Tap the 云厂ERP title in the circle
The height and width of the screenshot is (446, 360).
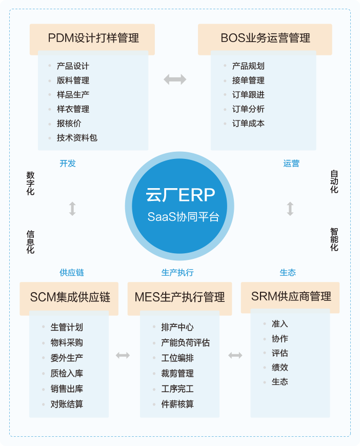click(181, 195)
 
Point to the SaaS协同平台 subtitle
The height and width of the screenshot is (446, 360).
click(183, 217)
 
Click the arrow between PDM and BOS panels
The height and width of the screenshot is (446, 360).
click(175, 79)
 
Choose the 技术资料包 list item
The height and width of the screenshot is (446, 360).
click(77, 138)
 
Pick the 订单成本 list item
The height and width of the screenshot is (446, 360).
click(248, 123)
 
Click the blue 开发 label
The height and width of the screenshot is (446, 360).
click(68, 163)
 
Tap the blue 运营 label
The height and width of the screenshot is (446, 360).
click(291, 163)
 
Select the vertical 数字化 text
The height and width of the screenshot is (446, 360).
click(30, 183)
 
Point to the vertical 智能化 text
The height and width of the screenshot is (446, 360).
click(334, 239)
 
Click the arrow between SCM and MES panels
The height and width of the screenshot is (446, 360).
click(123, 355)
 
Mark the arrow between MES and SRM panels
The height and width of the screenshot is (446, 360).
click(235, 355)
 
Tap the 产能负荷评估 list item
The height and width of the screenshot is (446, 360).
click(185, 342)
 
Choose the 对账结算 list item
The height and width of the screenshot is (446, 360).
click(67, 404)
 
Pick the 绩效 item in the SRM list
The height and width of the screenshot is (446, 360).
click(280, 367)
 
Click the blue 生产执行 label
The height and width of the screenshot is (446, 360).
click(177, 273)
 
